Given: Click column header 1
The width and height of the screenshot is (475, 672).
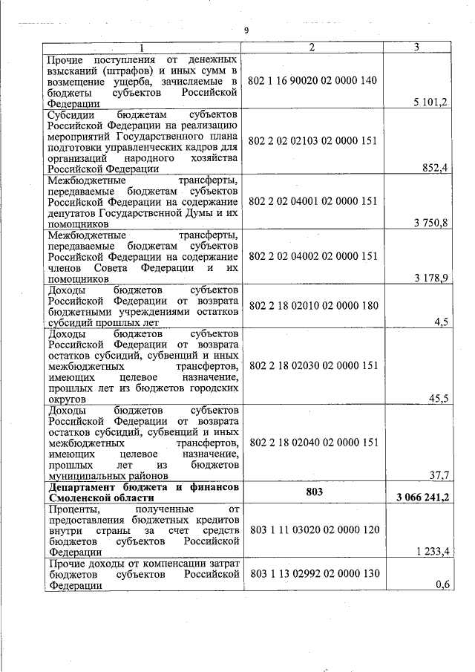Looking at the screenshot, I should point(142,48).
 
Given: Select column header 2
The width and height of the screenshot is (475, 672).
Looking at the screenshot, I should point(312,48).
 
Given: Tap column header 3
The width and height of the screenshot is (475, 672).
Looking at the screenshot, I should point(416,48).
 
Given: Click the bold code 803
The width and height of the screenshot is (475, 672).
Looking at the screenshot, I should point(312,492).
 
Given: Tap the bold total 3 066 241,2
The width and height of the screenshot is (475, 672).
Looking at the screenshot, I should point(417,498).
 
